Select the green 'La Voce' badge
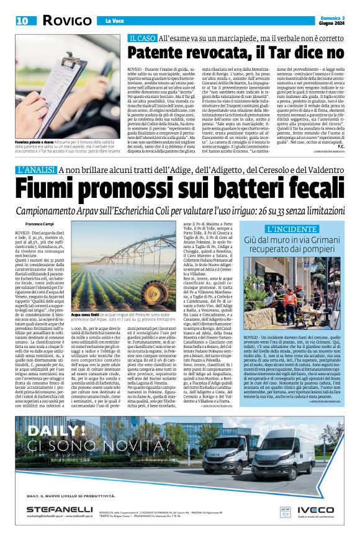[x=99, y=20]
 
